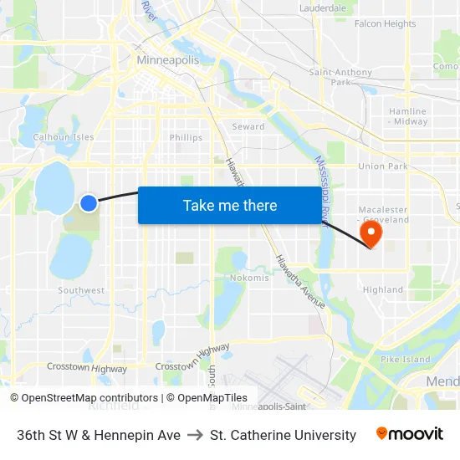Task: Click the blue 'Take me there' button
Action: (230, 205)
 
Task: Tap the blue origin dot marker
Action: (89, 202)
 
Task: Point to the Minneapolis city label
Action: (167, 61)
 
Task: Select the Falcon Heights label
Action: (385, 24)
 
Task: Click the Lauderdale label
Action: (323, 8)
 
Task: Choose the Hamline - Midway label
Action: (407, 116)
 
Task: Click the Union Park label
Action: (383, 166)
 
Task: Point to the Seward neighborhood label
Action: (248, 127)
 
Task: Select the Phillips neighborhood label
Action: (186, 138)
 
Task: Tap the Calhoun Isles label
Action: (64, 137)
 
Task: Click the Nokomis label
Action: (249, 278)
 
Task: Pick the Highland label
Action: (383, 290)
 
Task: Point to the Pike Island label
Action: (406, 360)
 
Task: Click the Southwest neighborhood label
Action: (81, 291)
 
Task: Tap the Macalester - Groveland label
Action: (383, 214)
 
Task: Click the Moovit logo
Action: (409, 434)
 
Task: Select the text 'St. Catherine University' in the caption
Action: (283, 435)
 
